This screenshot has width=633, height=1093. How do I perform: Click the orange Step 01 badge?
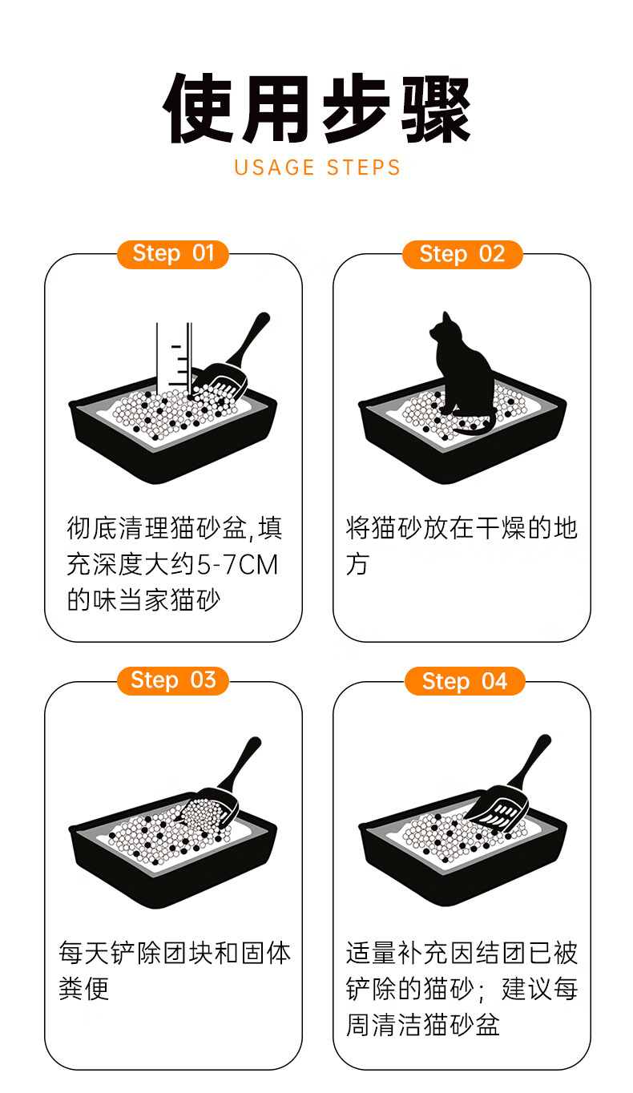tap(173, 254)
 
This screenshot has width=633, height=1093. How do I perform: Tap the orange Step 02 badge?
tap(462, 254)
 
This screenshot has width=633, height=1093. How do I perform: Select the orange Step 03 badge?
tap(173, 680)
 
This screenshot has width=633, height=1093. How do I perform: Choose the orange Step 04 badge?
tap(465, 680)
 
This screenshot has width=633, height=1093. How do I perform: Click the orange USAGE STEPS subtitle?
tap(317, 167)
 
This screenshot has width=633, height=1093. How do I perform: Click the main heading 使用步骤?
tap(316, 109)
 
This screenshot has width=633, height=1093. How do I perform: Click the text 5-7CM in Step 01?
tap(237, 565)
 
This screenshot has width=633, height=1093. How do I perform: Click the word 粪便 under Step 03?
tap(84, 989)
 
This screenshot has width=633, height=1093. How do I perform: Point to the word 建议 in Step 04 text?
tap(526, 989)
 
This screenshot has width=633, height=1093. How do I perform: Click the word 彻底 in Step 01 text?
tap(92, 528)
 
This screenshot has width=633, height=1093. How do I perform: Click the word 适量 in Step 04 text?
tap(372, 953)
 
